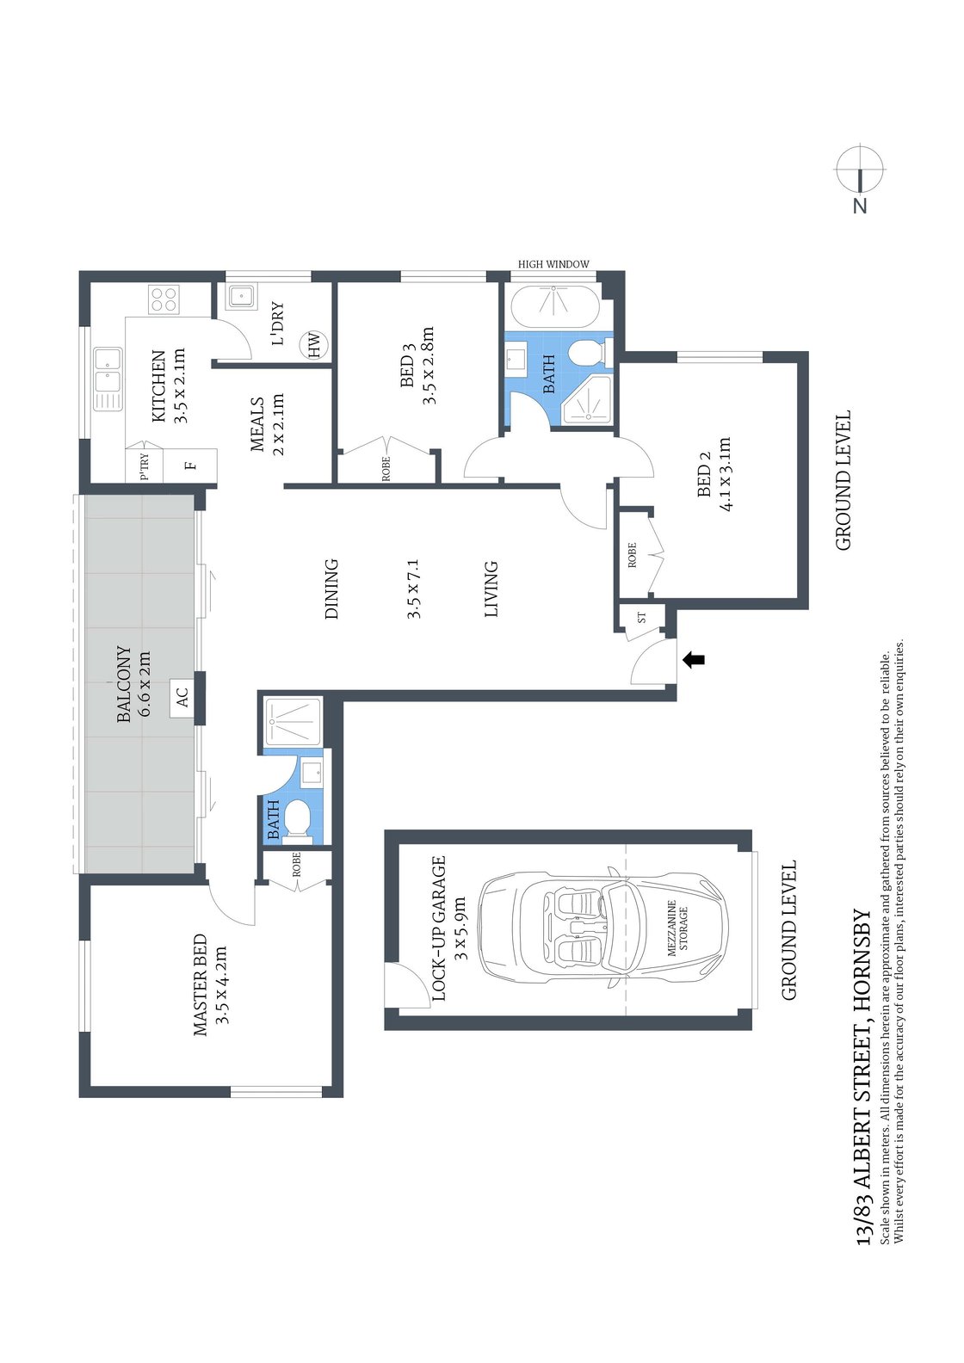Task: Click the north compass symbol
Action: click(x=860, y=170)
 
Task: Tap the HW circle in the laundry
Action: click(x=314, y=345)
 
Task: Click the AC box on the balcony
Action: click(x=182, y=695)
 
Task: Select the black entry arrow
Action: click(x=694, y=660)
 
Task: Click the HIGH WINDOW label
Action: click(x=553, y=264)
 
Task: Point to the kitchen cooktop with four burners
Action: click(x=164, y=299)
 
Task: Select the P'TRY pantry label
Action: click(x=145, y=466)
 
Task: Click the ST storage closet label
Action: click(x=641, y=618)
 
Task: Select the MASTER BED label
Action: click(x=200, y=984)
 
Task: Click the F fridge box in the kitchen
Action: click(x=192, y=466)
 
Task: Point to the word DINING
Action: click(x=331, y=589)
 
